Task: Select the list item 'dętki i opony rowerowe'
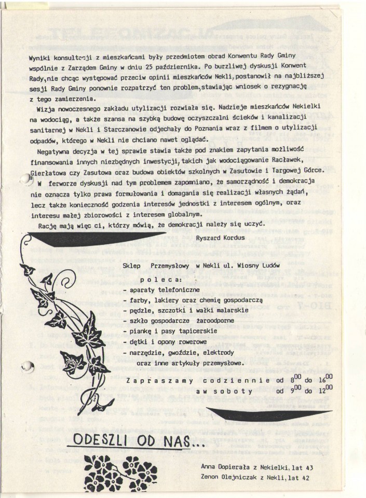166,342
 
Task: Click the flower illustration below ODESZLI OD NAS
120,471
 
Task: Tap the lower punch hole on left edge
24,369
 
